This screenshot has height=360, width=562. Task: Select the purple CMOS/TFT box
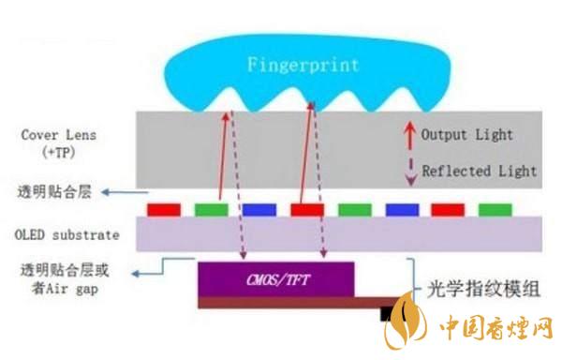click(x=276, y=277)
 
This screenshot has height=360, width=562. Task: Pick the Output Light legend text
click(x=466, y=135)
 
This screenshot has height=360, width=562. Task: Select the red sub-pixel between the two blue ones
click(x=306, y=208)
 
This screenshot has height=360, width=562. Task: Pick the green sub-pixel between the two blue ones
click(x=354, y=208)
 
